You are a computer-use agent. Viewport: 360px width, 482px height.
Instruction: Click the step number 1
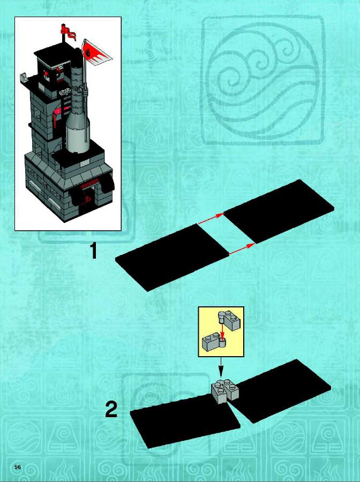pyautogui.click(x=93, y=251)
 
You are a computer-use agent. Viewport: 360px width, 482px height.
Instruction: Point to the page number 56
pyautogui.click(x=18, y=467)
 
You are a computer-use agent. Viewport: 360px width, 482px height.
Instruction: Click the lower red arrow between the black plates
pyautogui.click(x=242, y=249)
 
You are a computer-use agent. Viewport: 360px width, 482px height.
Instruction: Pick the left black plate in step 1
pyautogui.click(x=172, y=258)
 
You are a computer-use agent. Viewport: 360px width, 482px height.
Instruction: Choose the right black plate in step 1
pyautogui.click(x=279, y=212)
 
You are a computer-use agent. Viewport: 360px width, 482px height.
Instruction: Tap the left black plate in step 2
pyautogui.click(x=184, y=420)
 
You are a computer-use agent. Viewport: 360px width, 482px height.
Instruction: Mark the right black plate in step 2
pyautogui.click(x=280, y=391)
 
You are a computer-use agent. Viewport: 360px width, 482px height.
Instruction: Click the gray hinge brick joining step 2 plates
pyautogui.click(x=225, y=390)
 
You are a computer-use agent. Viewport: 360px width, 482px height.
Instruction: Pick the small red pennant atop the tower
pyautogui.click(x=68, y=32)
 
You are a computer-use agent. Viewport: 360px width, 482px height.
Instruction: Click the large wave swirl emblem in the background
pyautogui.click(x=262, y=80)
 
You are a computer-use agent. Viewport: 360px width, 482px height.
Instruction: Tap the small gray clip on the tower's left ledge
pyautogui.click(x=24, y=77)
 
